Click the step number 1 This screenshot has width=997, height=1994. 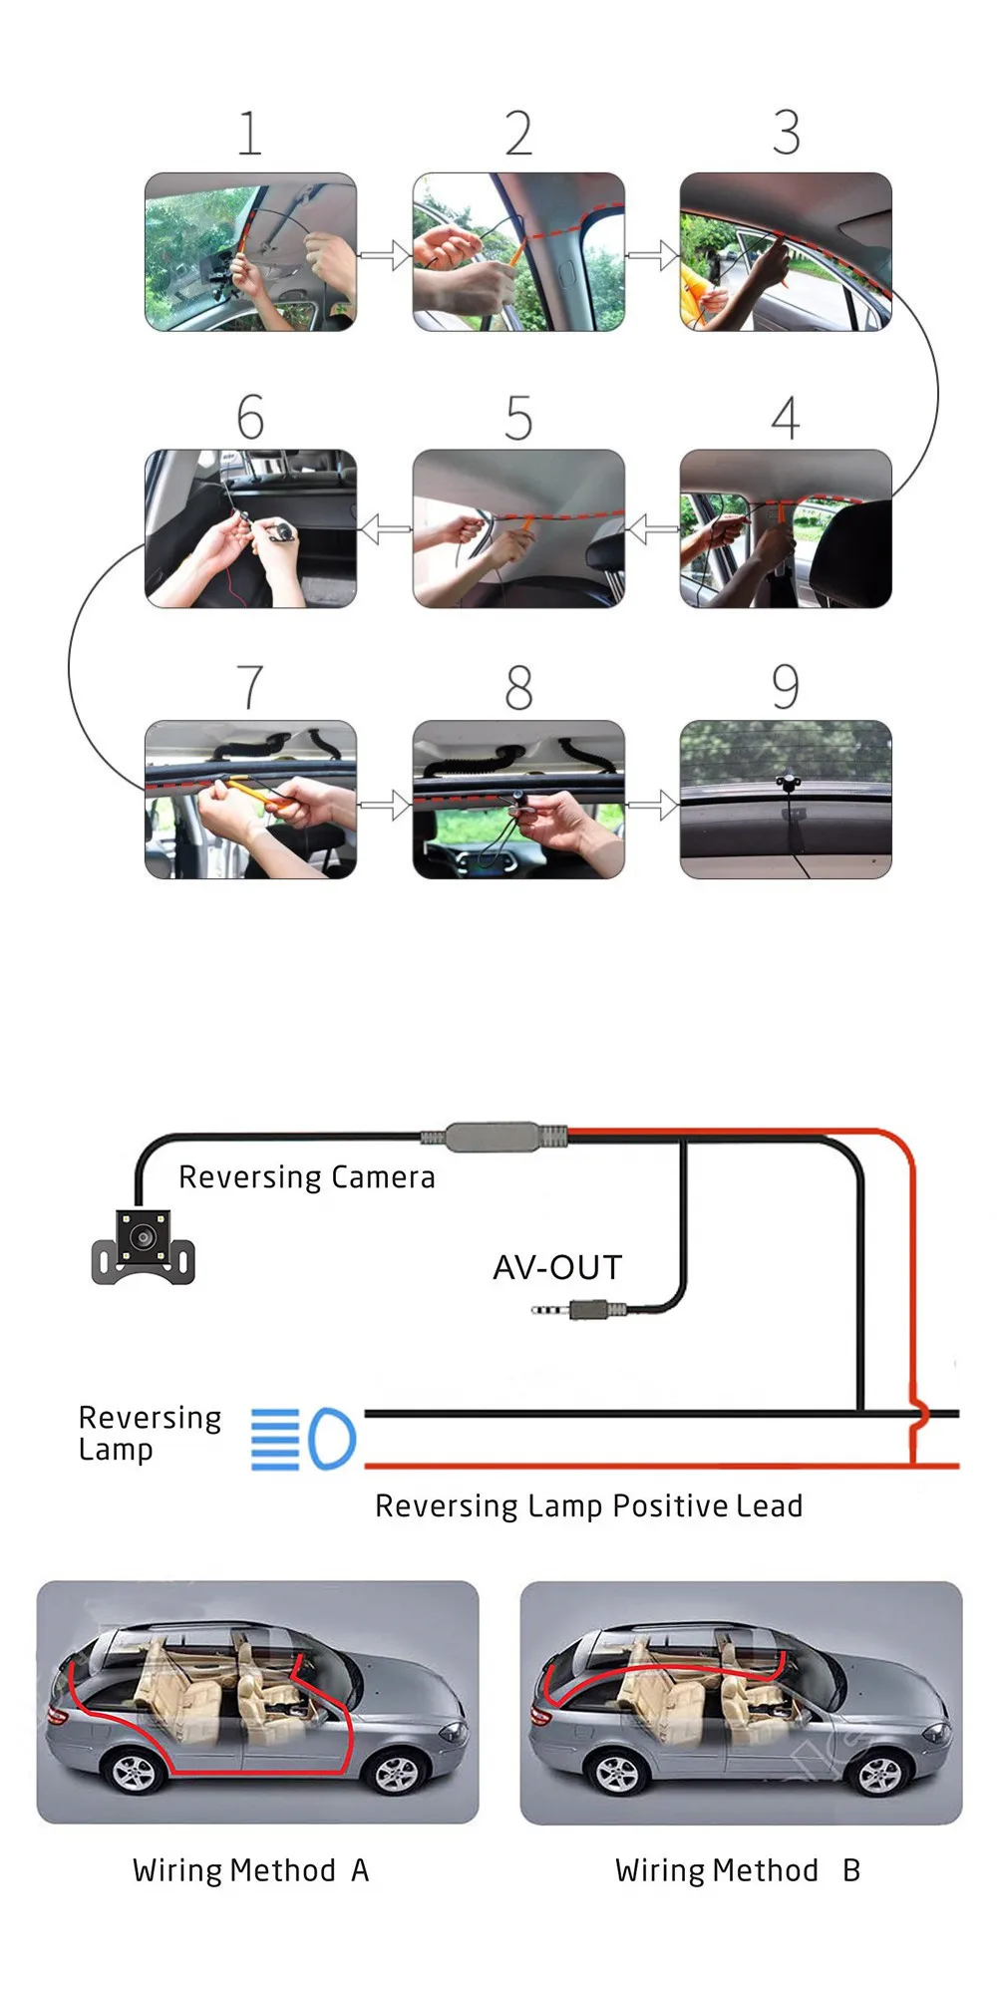249,134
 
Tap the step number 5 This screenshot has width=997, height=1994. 518,418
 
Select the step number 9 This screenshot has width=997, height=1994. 786,687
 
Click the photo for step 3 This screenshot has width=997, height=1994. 786,252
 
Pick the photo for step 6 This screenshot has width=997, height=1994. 250,528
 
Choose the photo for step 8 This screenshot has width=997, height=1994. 518,800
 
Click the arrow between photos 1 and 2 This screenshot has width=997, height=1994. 385,255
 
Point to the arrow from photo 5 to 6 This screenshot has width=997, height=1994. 385,528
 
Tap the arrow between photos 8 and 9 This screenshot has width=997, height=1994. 653,804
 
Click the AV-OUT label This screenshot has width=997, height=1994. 557,1267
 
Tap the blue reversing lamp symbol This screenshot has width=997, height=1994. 303,1439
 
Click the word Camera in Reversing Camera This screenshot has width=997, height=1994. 383,1177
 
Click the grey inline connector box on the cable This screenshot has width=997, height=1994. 494,1137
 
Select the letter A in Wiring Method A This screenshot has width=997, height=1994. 360,1870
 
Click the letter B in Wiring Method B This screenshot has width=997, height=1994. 850,1870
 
